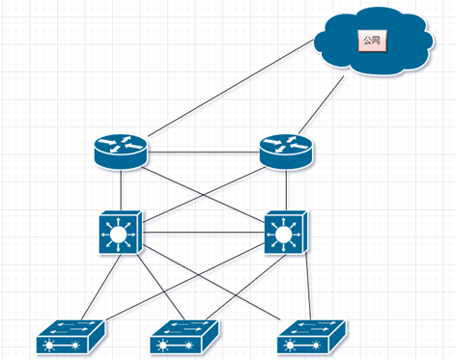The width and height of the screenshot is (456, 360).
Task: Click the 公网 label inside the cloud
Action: pyautogui.click(x=372, y=41)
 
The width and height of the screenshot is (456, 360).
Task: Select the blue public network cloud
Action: pyautogui.click(x=374, y=42)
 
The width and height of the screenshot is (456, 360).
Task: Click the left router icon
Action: pyautogui.click(x=121, y=152)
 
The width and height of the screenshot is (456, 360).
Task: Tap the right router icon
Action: pyautogui.click(x=286, y=152)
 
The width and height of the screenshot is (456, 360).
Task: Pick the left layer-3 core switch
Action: pyautogui.click(x=121, y=233)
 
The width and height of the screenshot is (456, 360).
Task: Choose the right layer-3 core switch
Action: pyautogui.click(x=286, y=233)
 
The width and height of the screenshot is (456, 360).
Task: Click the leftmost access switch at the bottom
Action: pyautogui.click(x=71, y=337)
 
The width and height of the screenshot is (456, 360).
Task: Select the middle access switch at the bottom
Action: pyautogui.click(x=185, y=337)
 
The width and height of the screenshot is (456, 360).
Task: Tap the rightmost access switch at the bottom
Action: pyautogui.click(x=312, y=337)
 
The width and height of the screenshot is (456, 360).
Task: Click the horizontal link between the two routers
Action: pyautogui.click(x=204, y=152)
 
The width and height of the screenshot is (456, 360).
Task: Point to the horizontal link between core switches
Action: pyautogui.click(x=203, y=233)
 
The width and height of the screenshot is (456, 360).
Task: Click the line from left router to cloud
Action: pyautogui.click(x=231, y=88)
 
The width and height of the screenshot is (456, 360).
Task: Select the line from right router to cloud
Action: pyautogui.click(x=322, y=105)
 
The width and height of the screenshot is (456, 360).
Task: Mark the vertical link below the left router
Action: pyautogui.click(x=121, y=190)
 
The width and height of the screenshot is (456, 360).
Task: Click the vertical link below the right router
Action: pyautogui.click(x=286, y=190)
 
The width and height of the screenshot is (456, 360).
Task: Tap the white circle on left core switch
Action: pyautogui.click(x=118, y=235)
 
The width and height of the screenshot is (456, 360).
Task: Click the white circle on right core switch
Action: pyautogui.click(x=283, y=235)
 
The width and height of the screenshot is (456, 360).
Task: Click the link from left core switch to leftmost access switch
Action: pyautogui.click(x=101, y=287)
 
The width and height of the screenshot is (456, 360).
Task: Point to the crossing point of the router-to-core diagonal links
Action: pyautogui.click(x=204, y=195)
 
